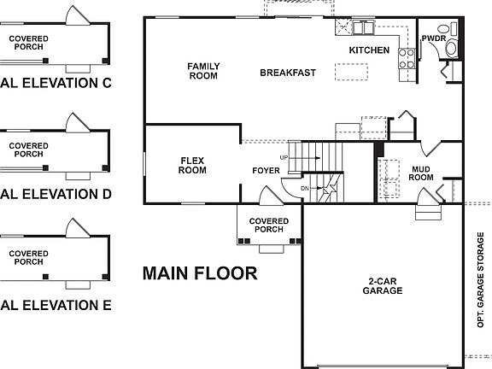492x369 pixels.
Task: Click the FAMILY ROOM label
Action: pyautogui.click(x=202, y=71)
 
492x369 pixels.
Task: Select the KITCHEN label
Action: pyautogui.click(x=369, y=51)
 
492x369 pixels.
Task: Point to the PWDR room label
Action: pyautogui.click(x=434, y=38)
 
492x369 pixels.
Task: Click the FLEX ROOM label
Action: pyautogui.click(x=192, y=164)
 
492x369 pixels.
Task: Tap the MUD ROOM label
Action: pyautogui.click(x=422, y=173)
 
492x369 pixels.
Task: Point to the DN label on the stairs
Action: pyautogui.click(x=304, y=187)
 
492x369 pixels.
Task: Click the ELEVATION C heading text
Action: pyautogui.click(x=56, y=83)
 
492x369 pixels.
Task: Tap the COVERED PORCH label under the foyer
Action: pyautogui.click(x=269, y=225)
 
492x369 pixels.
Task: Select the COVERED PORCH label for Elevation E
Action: pyautogui.click(x=28, y=256)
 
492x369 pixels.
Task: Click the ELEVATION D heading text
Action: pyautogui.click(x=56, y=194)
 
